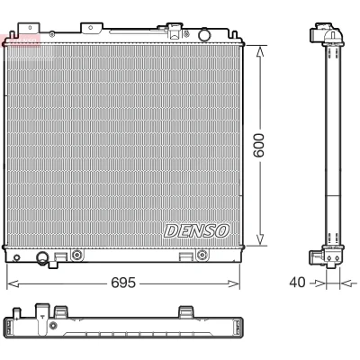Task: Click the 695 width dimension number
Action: click(x=123, y=283)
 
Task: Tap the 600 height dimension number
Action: click(x=258, y=146)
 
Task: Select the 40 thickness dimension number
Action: click(x=297, y=283)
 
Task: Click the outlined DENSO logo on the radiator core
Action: click(x=196, y=231)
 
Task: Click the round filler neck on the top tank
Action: click(x=204, y=34)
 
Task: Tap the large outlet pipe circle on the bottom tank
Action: click(x=42, y=257)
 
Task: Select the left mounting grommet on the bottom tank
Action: click(x=77, y=255)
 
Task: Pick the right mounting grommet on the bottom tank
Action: click(x=202, y=255)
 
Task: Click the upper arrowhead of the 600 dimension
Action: click(x=260, y=51)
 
